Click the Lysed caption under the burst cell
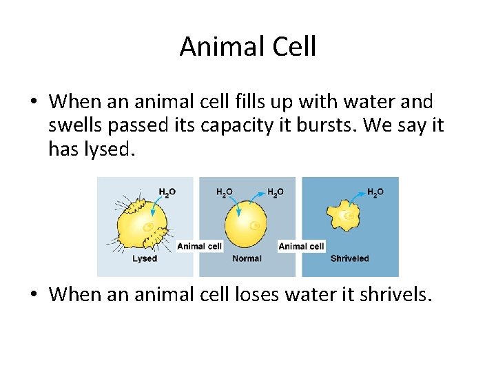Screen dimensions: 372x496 (145, 258)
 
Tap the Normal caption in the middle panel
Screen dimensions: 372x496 (247, 258)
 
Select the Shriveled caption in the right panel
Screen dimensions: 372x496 (349, 258)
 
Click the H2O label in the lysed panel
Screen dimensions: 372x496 (167, 192)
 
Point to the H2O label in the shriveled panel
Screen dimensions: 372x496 (375, 192)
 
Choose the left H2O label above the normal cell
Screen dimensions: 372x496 (225, 192)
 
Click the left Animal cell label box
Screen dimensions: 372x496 (200, 246)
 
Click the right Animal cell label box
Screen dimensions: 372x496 (301, 246)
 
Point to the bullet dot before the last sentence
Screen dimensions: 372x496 (33, 295)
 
